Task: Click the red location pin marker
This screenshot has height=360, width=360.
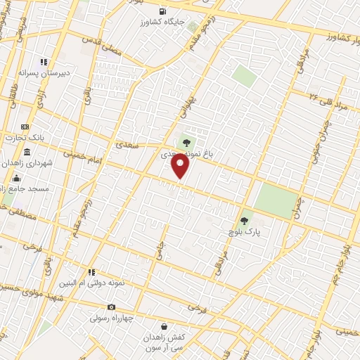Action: click(181, 166)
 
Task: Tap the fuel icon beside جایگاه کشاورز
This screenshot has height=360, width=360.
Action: click(164, 11)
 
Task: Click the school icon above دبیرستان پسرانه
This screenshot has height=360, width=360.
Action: click(44, 62)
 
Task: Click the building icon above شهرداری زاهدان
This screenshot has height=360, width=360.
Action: click(27, 153)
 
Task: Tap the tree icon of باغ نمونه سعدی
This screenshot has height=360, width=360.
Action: click(186, 142)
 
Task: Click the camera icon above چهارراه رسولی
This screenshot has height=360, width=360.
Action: click(111, 307)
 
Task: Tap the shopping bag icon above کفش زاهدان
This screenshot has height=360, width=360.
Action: click(164, 326)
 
